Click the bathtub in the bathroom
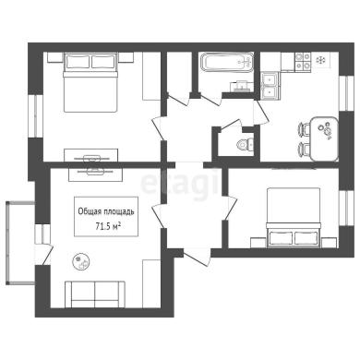pos(227,63)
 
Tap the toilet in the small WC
pos(246,143)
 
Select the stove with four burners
pos(303,61)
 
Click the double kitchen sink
pos(270,86)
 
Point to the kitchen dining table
pos(324,138)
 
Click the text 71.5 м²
pos(107,227)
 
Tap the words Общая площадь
pos(106,211)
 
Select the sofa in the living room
pos(95,294)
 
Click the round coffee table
pos(81,261)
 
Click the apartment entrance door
pos(198,257)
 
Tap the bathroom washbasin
pos(241,87)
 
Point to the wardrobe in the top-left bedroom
pos(151,76)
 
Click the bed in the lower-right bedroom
pos(294,217)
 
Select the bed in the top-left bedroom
pos(90,82)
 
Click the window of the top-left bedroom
pos(36,116)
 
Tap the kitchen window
pos(346,92)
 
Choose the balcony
pos(20,243)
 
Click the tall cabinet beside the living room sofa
pos(151,283)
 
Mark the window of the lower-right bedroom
pos(346,209)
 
